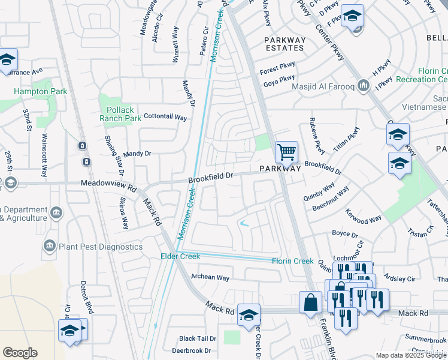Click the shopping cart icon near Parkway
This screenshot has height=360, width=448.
click(x=286, y=152)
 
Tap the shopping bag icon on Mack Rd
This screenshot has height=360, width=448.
click(x=311, y=303)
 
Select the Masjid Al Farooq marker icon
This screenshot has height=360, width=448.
click(x=363, y=87)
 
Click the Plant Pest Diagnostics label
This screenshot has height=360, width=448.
click(x=100, y=247)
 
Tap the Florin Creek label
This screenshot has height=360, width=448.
click(x=292, y=261)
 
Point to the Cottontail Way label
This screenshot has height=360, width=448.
click(x=165, y=117)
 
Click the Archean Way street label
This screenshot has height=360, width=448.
click(x=210, y=278)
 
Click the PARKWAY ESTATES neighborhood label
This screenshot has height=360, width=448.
click(x=285, y=44)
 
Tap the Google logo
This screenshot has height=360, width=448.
click(x=20, y=352)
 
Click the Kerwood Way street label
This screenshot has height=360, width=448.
click(x=363, y=217)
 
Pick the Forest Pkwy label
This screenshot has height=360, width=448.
click(x=277, y=70)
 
